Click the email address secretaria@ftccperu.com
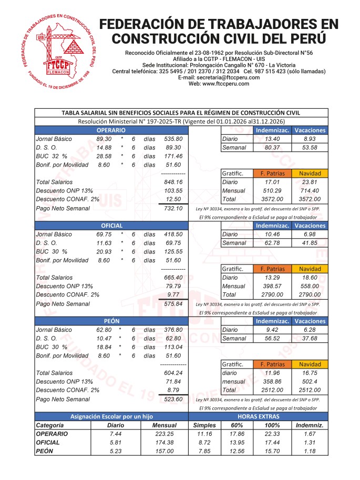pyautogui.click(x=219, y=77)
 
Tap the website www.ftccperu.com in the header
pyautogui.click(x=219, y=84)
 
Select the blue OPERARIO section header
pyautogui.click(x=110, y=130)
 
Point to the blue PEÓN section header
pyautogui.click(x=111, y=320)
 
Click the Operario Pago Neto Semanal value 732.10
pyautogui.click(x=173, y=208)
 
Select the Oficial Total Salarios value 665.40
pyautogui.click(x=173, y=277)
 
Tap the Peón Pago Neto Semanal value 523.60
pyautogui.click(x=173, y=399)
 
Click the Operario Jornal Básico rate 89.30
pyautogui.click(x=104, y=139)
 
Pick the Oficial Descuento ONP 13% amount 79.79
pyautogui.click(x=173, y=286)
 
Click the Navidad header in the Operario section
pyautogui.click(x=310, y=173)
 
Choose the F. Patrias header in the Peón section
pyautogui.click(x=272, y=364)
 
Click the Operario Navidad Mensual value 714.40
pyautogui.click(x=310, y=190)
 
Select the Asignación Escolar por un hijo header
pyautogui.click(x=111, y=415)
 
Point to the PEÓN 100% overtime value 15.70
pyautogui.click(x=272, y=451)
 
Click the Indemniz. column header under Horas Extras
pyautogui.click(x=310, y=425)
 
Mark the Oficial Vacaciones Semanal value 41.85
pyautogui.click(x=310, y=243)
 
